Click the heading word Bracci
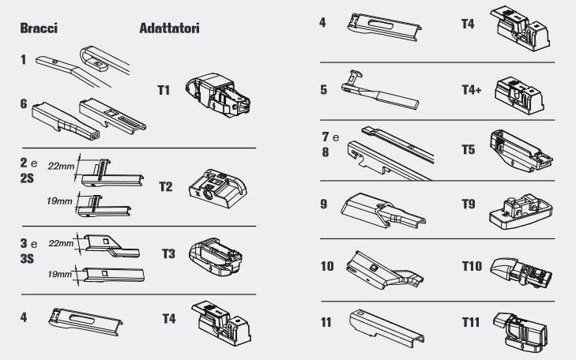coord(39,28)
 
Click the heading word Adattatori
coord(169,28)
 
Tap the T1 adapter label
coord(164,90)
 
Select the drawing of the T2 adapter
coord(218,188)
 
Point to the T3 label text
coord(168,253)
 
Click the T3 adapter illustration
coord(216,257)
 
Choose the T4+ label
coord(471,89)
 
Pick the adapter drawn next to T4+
coord(519,96)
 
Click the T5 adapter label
coord(469,150)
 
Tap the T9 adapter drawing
coord(521,212)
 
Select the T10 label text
coord(472,266)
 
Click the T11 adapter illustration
coord(520,332)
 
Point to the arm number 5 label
coord(324,90)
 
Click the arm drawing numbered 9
coord(383,210)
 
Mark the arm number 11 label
coord(326,322)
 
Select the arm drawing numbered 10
coord(385,270)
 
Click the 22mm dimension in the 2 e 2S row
coord(61,167)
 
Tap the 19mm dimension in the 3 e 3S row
coord(59,274)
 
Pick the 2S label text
coord(27,178)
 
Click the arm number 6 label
coord(24,104)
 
